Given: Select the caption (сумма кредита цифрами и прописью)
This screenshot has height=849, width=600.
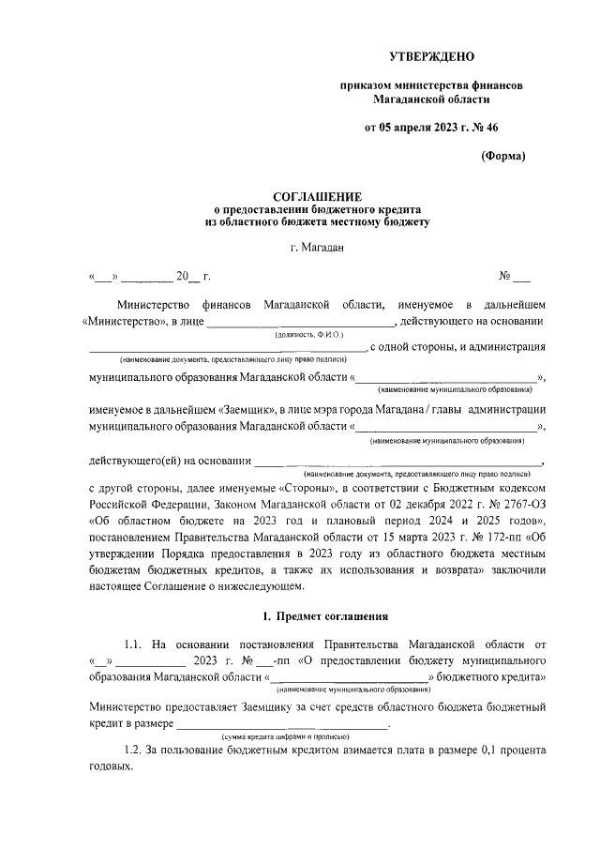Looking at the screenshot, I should click(x=279, y=737).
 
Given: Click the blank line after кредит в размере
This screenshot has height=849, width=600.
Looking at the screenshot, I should click(x=281, y=724).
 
